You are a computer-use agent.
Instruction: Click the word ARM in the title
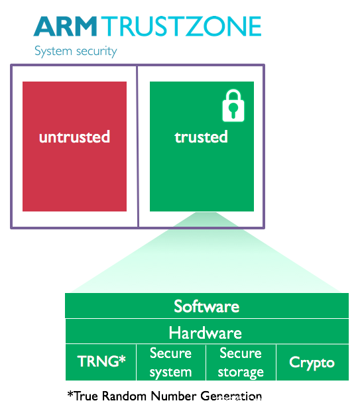(66, 26)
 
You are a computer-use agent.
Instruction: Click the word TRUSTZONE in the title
(181, 26)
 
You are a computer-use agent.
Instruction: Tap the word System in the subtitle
(53, 51)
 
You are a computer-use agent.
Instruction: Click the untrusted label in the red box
(74, 137)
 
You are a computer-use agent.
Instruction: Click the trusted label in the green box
(201, 137)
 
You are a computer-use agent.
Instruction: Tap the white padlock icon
(233, 105)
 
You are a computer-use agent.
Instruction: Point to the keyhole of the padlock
(233, 109)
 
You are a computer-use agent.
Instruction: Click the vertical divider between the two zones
(137, 147)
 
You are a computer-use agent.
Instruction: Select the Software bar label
(207, 306)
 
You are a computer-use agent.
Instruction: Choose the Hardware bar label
(205, 333)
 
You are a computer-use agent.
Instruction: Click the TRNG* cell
(101, 363)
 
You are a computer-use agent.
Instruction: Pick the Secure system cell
(170, 363)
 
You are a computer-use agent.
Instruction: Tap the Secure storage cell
(241, 363)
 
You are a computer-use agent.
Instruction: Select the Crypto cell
(312, 363)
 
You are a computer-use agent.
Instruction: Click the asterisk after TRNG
(122, 359)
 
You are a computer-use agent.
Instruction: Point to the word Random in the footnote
(124, 396)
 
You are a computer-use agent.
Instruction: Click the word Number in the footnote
(174, 396)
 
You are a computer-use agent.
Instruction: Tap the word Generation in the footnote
(231, 396)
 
